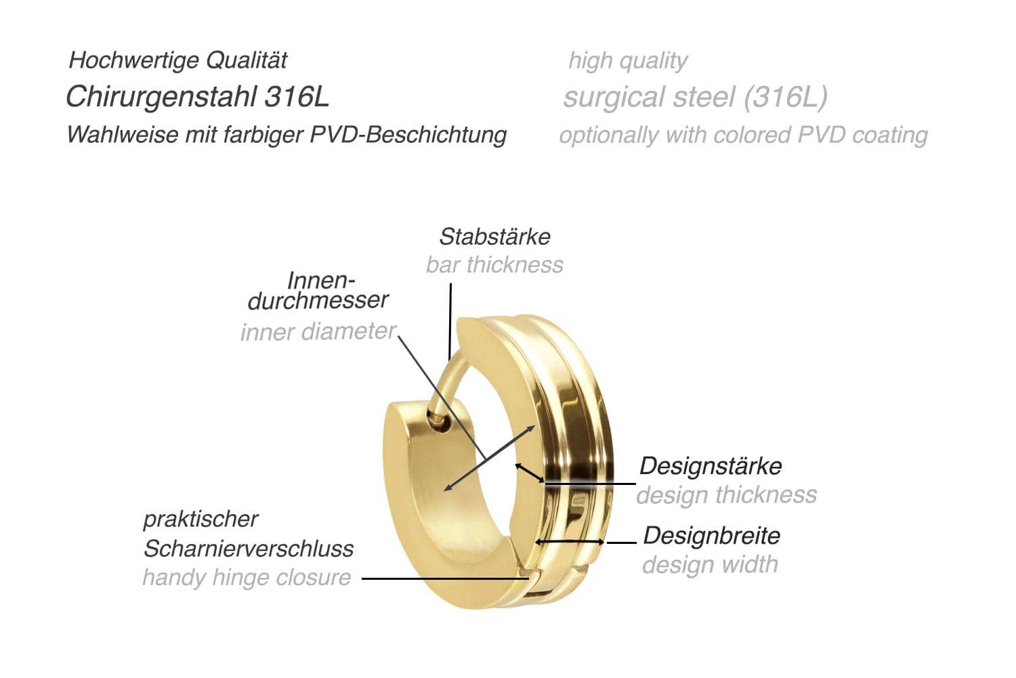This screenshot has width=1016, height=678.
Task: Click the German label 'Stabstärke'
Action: pos(494,237)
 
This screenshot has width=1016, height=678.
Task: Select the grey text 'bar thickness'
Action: pos(494,265)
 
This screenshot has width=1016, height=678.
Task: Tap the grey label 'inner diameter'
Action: pos(318,332)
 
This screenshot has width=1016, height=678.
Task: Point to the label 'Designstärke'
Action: pos(711,466)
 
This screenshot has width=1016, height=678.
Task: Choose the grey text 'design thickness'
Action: pos(726,495)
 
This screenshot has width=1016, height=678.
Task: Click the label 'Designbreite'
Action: pos(711,536)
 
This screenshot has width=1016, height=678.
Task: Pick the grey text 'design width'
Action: pos(710,565)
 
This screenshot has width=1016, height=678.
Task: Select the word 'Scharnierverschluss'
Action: pos(249,549)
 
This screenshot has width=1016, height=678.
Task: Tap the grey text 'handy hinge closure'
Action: pos(247,578)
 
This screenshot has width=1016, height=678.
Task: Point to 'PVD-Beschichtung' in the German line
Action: pos(408,135)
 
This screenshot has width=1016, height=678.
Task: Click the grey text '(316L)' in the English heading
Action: pos(785,97)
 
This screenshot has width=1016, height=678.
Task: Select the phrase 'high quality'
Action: pos(628,61)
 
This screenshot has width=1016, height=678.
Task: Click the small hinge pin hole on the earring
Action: pos(441,422)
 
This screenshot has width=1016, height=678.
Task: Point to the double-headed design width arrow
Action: pos(569,542)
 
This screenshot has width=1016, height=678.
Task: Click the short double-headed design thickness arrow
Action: pos(529,473)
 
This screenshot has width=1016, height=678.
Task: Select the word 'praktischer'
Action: pos(200,520)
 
